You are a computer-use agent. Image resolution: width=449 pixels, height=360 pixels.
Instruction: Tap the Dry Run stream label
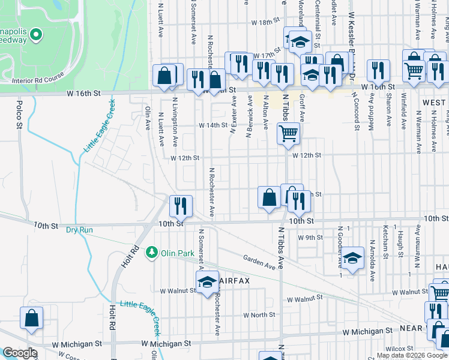click(x=80, y=230)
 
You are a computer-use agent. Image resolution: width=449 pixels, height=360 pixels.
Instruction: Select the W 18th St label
click(x=267, y=38)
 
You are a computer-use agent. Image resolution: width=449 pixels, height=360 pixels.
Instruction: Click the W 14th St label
click(x=214, y=126)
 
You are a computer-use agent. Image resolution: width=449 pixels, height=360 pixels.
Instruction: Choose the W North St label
click(x=259, y=314)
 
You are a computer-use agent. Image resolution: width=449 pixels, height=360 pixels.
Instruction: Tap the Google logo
click(x=19, y=353)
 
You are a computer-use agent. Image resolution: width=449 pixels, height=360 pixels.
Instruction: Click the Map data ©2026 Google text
click(x=411, y=355)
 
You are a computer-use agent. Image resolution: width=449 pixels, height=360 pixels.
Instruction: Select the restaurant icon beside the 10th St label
click(x=181, y=206)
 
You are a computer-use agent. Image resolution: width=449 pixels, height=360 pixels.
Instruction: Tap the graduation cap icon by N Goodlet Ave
click(x=353, y=259)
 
